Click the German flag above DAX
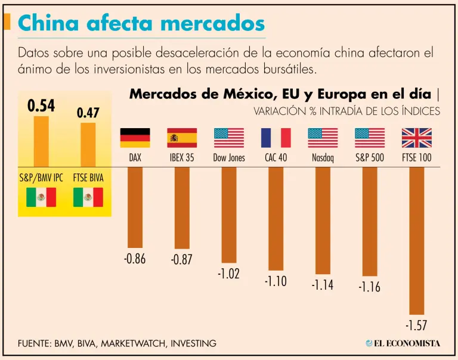(135, 138)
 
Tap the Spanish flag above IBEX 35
(182, 138)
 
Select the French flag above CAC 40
(276, 138)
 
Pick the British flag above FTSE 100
(416, 138)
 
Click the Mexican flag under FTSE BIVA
(88, 197)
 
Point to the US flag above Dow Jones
(229, 138)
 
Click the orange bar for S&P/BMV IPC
(41, 141)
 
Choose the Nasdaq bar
(323, 221)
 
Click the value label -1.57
(416, 325)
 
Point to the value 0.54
(41, 106)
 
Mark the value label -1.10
(276, 281)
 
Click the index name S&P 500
(369, 159)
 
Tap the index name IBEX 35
(182, 159)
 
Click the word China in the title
(48, 23)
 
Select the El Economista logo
(403, 343)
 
